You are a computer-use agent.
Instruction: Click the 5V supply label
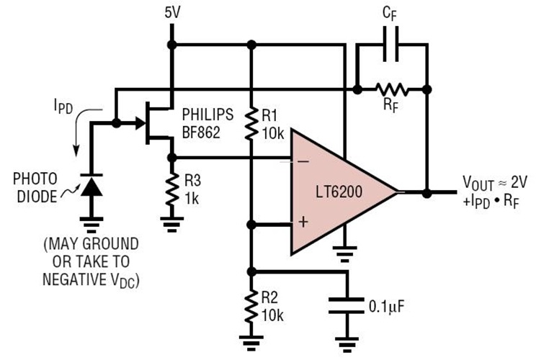coord(171,12)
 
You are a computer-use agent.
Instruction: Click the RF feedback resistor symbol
coord(392,89)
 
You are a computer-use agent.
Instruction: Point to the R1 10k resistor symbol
coord(250,122)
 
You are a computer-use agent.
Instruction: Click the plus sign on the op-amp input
coord(303,222)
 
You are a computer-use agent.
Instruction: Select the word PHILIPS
coord(208,114)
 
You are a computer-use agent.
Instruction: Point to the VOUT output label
coord(477,181)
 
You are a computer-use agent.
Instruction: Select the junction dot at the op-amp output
coord(426,193)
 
